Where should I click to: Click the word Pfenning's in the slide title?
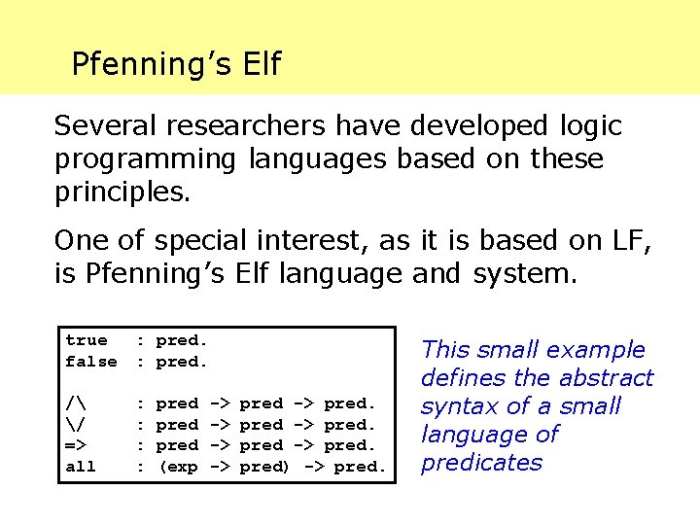coord(150,64)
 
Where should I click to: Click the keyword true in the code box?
coord(87,340)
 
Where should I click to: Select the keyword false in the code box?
coord(91,362)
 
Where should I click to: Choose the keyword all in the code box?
coord(81,467)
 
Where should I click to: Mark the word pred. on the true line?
coord(183,340)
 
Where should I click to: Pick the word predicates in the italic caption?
coord(481,463)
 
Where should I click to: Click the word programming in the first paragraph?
coord(145,157)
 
